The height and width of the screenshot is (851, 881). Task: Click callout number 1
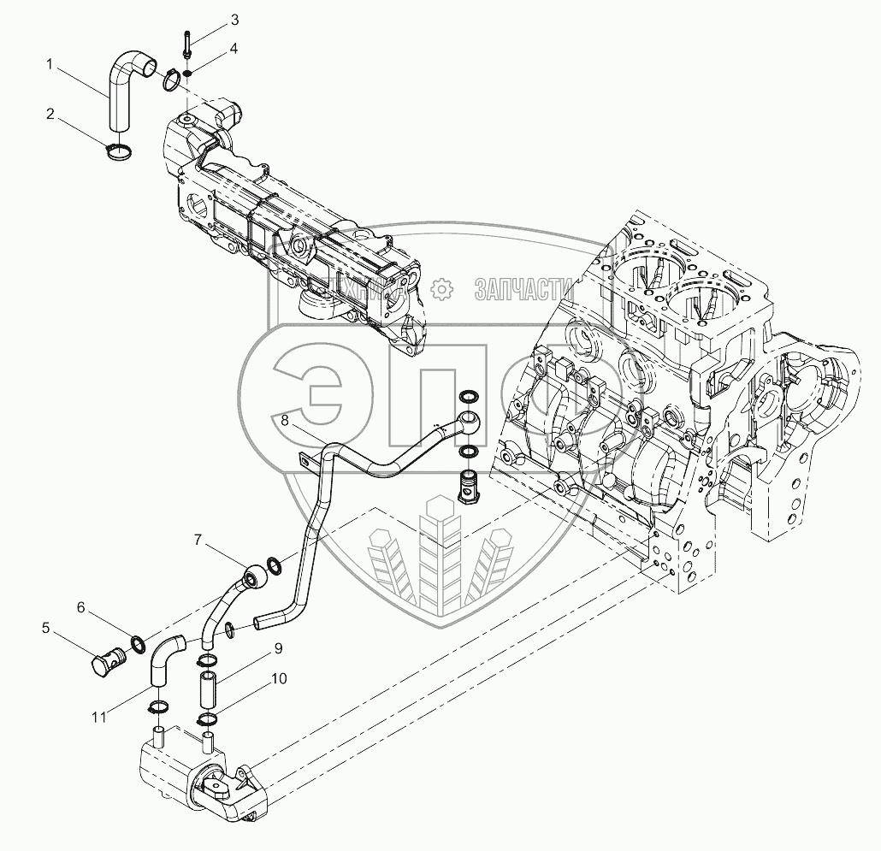click(50, 63)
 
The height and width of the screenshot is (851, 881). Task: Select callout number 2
click(50, 113)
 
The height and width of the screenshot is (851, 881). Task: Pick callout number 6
click(81, 607)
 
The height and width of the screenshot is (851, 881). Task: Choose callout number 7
click(198, 539)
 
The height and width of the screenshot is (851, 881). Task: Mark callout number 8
click(285, 421)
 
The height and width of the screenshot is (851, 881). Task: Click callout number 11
click(100, 717)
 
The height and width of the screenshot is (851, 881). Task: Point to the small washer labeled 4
click(187, 72)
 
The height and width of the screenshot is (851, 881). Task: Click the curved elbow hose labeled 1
click(126, 86)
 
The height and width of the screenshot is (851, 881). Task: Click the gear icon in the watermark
click(441, 289)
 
